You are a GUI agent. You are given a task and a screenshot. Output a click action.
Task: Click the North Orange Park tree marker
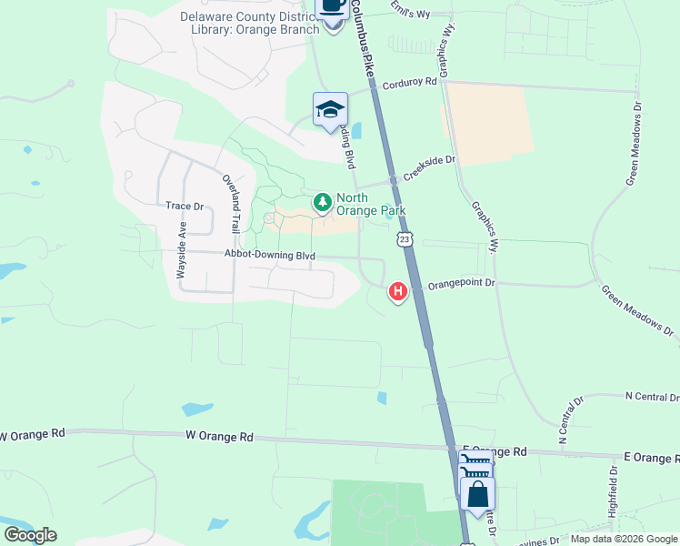321,202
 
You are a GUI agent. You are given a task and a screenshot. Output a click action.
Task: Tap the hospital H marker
397,291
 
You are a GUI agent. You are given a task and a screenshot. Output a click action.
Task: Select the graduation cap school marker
330,109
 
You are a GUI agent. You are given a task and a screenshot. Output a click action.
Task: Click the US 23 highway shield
405,238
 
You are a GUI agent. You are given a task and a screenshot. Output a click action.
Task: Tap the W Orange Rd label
219,437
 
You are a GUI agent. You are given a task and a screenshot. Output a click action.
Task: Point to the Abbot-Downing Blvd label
270,257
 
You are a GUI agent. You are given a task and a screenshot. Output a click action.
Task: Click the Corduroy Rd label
410,82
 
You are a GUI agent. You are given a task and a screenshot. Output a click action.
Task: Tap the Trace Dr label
177,206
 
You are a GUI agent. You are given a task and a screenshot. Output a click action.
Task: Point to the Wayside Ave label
182,249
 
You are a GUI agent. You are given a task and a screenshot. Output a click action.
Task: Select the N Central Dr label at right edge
652,397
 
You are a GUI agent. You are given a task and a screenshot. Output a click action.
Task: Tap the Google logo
30,535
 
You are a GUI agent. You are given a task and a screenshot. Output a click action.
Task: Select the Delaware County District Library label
250,22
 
